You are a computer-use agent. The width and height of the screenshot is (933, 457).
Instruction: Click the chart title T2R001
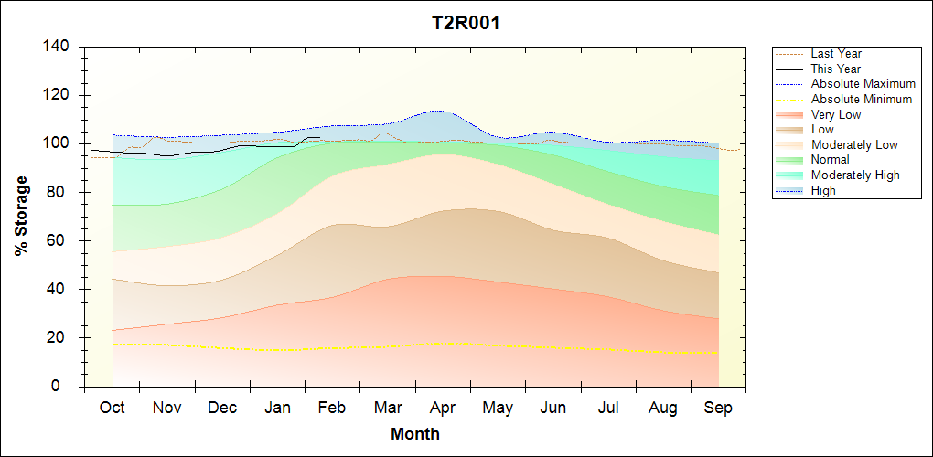pyautogui.click(x=466, y=23)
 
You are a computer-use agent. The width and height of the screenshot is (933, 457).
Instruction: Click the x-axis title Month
pyautogui.click(x=415, y=434)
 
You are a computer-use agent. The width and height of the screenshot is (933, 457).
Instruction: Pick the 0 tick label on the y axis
pyautogui.click(x=67, y=387)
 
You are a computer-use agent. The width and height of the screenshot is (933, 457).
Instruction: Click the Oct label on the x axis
pyautogui.click(x=112, y=408)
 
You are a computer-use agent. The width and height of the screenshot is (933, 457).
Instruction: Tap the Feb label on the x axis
pyautogui.click(x=332, y=408)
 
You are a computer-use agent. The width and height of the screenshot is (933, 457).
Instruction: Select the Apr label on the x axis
pyautogui.click(x=443, y=408)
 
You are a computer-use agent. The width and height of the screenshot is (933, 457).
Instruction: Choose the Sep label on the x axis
pyautogui.click(x=718, y=408)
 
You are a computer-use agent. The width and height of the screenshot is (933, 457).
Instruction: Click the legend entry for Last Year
pyautogui.click(x=836, y=54)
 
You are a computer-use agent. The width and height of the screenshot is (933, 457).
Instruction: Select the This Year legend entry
pyautogui.click(x=835, y=69)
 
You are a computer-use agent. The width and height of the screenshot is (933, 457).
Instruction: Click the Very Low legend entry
pyautogui.click(x=836, y=114)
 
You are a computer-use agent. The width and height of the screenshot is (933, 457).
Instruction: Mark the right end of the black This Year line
pyautogui.click(x=319, y=137)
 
